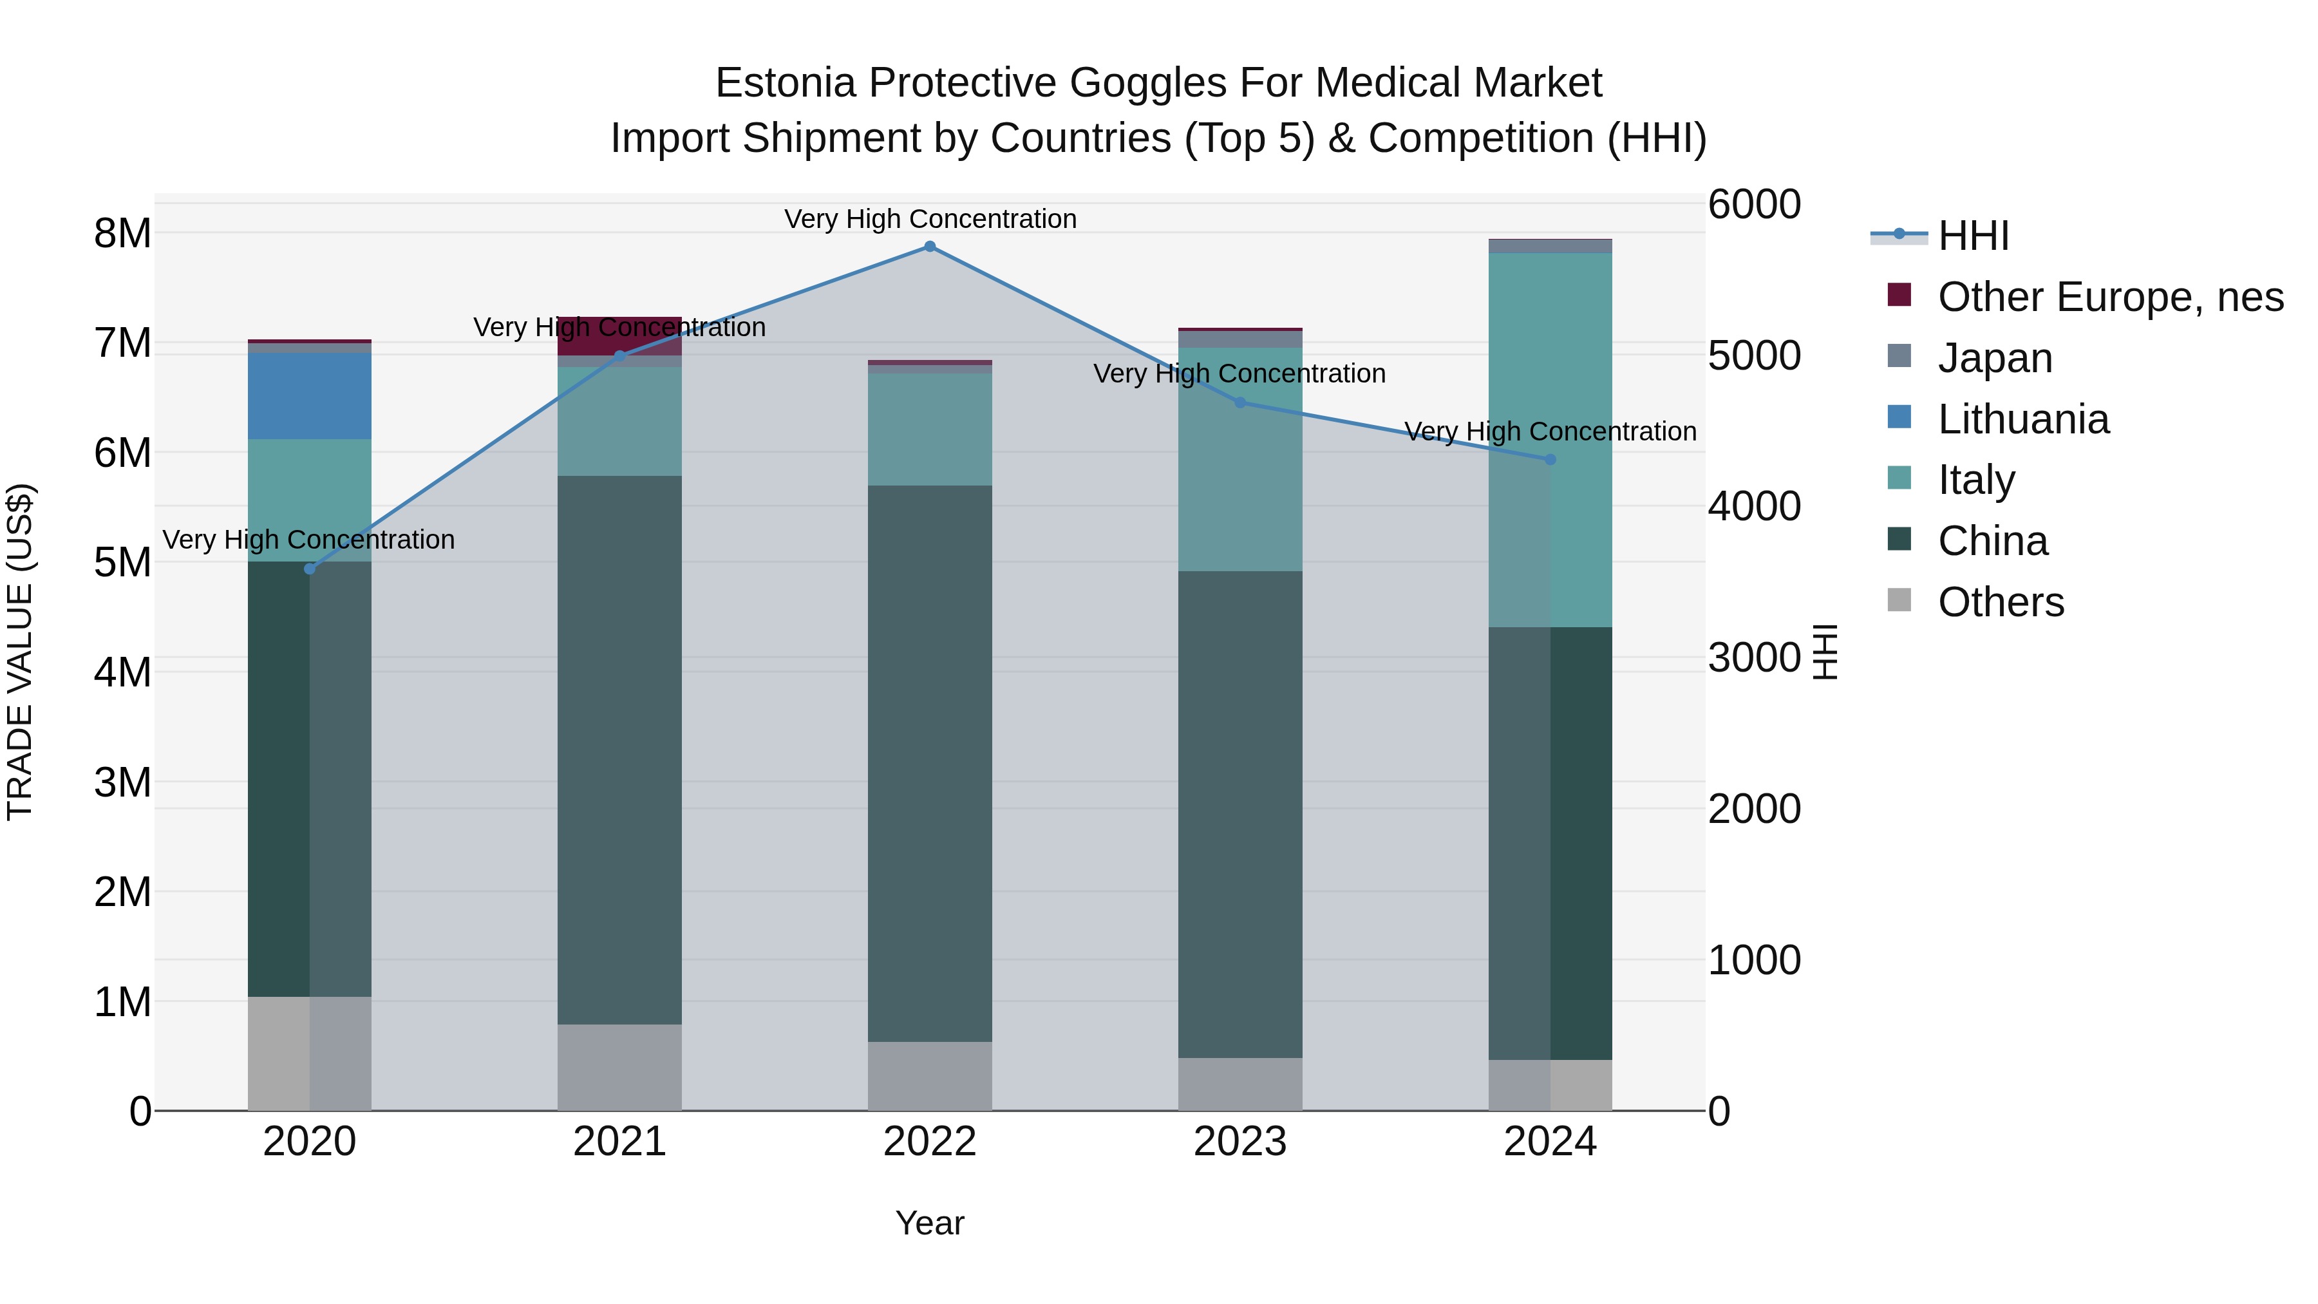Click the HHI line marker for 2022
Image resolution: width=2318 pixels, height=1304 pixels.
(x=930, y=247)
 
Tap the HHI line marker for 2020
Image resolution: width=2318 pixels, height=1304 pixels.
(x=310, y=569)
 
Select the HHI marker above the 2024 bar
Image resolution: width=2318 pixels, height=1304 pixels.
(x=1550, y=460)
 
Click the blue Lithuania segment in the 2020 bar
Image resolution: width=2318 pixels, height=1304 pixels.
(x=310, y=396)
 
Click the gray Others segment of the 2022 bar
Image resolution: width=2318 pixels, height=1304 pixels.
(x=930, y=1075)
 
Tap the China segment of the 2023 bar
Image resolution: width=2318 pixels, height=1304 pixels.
(x=1240, y=815)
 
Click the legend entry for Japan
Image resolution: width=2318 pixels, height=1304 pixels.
(x=1994, y=358)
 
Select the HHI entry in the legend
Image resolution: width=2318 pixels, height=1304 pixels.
(x=1972, y=236)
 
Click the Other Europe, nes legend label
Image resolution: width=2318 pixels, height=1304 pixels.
(x=2109, y=297)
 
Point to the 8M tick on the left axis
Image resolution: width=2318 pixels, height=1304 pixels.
(x=122, y=233)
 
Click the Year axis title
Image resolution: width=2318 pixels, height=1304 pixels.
(x=930, y=1223)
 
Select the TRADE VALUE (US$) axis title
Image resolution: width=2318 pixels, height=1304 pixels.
(x=20, y=652)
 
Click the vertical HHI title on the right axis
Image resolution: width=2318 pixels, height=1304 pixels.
(x=1824, y=652)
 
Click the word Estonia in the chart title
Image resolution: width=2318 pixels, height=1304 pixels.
(x=784, y=83)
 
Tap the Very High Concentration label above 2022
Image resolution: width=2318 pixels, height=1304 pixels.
(x=930, y=219)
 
